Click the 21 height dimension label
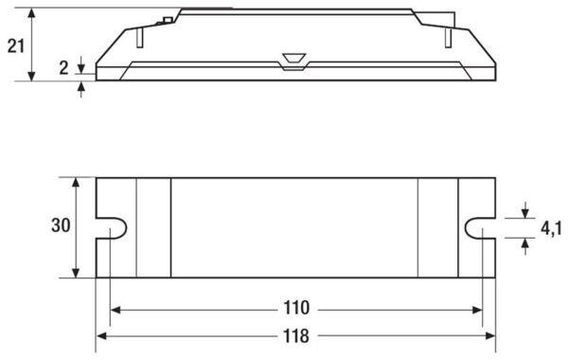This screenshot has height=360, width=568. click(x=16, y=46)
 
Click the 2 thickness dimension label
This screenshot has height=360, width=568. click(x=63, y=67)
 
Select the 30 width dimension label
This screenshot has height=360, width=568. click(x=61, y=225)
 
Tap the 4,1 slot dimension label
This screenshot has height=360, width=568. click(x=551, y=228)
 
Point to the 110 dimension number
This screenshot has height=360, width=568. click(x=296, y=308)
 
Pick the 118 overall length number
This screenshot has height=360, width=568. click(x=296, y=336)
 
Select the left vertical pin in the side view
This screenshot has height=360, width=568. click(x=140, y=38)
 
